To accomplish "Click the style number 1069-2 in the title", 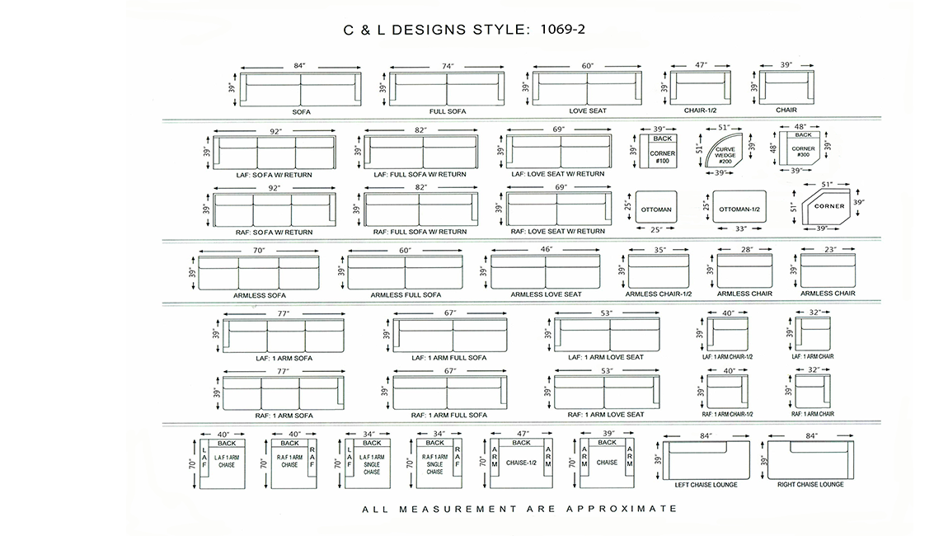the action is click(562, 29).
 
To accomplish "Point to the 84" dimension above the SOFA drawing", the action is click(300, 66).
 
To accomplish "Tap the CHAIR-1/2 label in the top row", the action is click(700, 110).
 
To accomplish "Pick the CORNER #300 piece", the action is click(801, 148).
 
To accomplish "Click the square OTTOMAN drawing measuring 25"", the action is click(656, 209).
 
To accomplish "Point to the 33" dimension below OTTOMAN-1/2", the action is click(740, 228).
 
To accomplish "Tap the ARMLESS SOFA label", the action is click(260, 296).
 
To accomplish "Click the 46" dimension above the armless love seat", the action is click(547, 249).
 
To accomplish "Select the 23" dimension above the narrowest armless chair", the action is click(830, 249).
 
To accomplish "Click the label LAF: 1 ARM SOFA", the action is click(284, 358).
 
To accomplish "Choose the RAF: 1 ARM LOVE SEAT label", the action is click(606, 415).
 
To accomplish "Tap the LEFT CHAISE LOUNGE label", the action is click(706, 485).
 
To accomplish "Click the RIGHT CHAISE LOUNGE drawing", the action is click(811, 460).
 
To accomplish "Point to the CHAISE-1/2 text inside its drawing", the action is click(521, 463).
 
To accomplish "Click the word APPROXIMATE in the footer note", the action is click(622, 509).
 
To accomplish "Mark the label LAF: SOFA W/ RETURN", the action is click(274, 175).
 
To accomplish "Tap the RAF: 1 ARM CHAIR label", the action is click(813, 414).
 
